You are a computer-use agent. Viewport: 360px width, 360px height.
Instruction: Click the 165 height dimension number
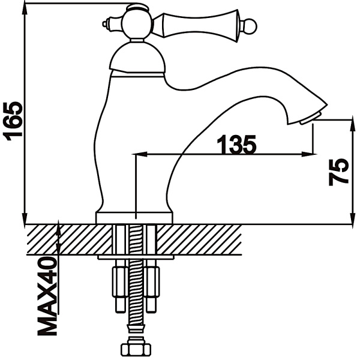[x=13, y=121]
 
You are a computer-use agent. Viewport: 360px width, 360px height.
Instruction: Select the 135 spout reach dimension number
[x=236, y=145]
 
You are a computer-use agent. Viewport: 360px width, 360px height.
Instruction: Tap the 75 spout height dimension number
[x=339, y=172]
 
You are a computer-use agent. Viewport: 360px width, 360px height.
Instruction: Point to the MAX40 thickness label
[x=47, y=296]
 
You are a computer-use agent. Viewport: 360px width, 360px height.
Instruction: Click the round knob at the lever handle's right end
[x=251, y=26]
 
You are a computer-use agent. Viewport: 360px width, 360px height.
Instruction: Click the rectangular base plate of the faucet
[x=134, y=218]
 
